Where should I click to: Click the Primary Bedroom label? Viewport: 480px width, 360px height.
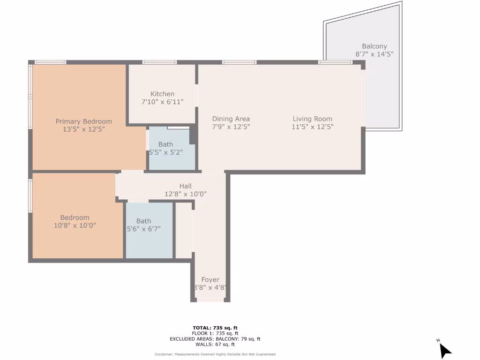[x=83, y=121]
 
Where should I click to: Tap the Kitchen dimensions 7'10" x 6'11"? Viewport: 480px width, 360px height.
[x=162, y=102]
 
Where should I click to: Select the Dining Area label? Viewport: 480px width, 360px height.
[x=231, y=119]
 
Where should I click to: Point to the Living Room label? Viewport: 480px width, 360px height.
[x=312, y=119]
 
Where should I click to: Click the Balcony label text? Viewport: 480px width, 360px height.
[x=374, y=46]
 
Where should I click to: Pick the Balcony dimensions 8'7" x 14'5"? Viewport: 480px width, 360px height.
[x=374, y=54]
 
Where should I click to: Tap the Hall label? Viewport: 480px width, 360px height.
[x=185, y=186]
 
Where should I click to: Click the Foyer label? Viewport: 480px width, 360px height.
[x=210, y=280]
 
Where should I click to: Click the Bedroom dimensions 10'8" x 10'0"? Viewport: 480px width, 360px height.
[x=75, y=225]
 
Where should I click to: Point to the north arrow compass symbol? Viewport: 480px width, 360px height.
[x=444, y=350]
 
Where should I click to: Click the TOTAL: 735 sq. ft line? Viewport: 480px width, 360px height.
[x=215, y=328]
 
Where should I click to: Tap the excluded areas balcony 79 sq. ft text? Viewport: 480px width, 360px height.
[x=215, y=339]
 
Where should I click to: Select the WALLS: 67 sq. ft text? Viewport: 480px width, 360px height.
[x=215, y=345]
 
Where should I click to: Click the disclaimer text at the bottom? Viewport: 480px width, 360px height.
[x=215, y=354]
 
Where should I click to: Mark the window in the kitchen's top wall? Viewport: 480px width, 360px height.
[x=159, y=62]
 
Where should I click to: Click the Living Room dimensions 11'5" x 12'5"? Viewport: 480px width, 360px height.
[x=312, y=127]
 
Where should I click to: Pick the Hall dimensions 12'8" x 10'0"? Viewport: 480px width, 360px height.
[x=185, y=194]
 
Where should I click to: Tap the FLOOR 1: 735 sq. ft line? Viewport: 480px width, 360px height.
[x=215, y=333]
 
